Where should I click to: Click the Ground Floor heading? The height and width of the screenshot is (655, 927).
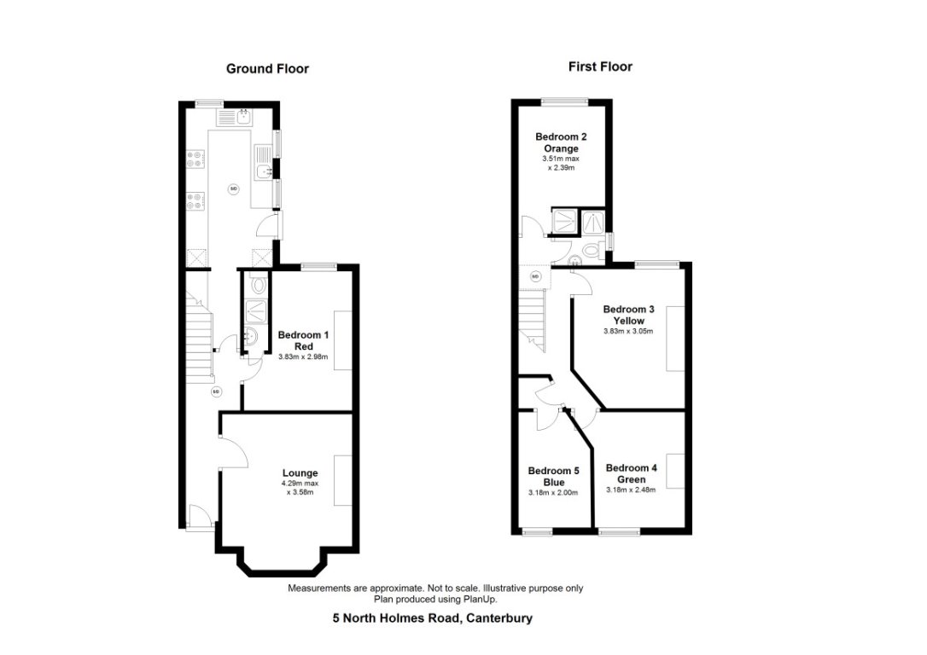[267, 69]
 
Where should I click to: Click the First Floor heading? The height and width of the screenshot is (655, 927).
[600, 67]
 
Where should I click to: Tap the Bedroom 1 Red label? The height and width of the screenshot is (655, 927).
[303, 340]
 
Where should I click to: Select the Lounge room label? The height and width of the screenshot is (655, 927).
[300, 472]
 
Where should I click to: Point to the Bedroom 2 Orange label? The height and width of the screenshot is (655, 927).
[560, 142]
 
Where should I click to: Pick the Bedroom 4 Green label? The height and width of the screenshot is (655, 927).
[631, 473]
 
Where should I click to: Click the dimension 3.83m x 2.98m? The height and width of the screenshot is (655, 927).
[303, 356]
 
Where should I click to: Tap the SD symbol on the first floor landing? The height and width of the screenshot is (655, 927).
[535, 276]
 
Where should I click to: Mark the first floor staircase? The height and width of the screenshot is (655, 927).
[532, 321]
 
